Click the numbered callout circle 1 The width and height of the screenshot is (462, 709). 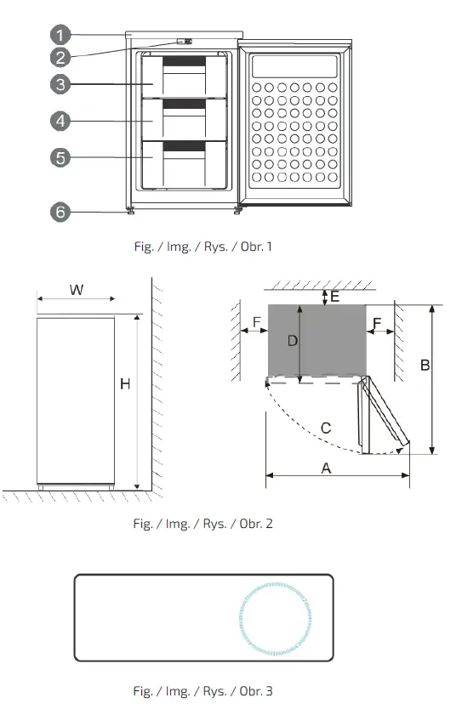point(59,35)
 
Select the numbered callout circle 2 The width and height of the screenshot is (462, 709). point(59,58)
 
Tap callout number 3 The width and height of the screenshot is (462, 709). point(59,84)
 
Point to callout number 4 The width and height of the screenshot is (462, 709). point(59,122)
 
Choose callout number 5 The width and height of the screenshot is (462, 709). point(59,157)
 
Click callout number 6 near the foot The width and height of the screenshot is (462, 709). point(59,212)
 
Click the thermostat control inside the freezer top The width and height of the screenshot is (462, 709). point(184,42)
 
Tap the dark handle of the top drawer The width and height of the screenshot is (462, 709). point(184,63)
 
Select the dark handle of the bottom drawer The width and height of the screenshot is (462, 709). point(184,147)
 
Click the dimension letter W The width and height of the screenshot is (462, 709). point(76,290)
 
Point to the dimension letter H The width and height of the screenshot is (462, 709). point(124,384)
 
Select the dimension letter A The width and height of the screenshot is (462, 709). point(325,467)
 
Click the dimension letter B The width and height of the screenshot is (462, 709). point(425,365)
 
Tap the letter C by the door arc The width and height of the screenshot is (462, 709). point(326,428)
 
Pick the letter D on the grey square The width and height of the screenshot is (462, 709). point(292,341)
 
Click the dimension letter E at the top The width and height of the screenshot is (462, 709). point(334,296)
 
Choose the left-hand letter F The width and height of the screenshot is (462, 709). point(257,322)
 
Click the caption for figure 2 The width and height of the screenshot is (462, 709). point(202,523)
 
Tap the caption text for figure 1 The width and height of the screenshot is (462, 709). point(202,247)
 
